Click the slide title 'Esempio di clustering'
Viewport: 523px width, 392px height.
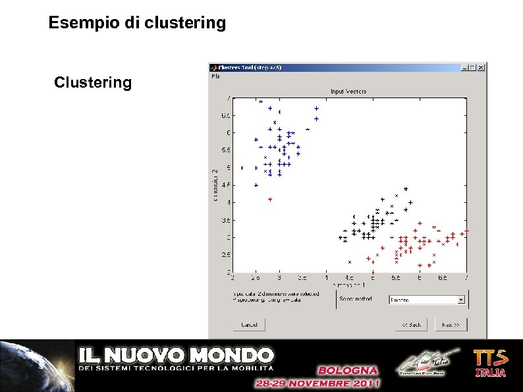137,24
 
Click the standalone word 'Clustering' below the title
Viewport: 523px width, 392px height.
93,83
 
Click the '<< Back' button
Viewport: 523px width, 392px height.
411,324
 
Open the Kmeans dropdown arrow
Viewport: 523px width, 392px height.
460,300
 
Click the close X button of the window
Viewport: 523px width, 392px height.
482,67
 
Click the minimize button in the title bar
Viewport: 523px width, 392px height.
466,67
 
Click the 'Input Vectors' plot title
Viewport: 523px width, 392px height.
348,91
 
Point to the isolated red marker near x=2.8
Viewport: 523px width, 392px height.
270,198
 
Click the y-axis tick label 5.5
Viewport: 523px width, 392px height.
225,150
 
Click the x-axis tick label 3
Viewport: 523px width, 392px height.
279,278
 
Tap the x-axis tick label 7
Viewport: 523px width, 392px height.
466,278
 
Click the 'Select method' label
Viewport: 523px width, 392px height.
356,299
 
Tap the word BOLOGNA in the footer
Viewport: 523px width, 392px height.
348,370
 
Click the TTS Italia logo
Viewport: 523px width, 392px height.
491,363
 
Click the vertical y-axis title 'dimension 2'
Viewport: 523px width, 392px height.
215,185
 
